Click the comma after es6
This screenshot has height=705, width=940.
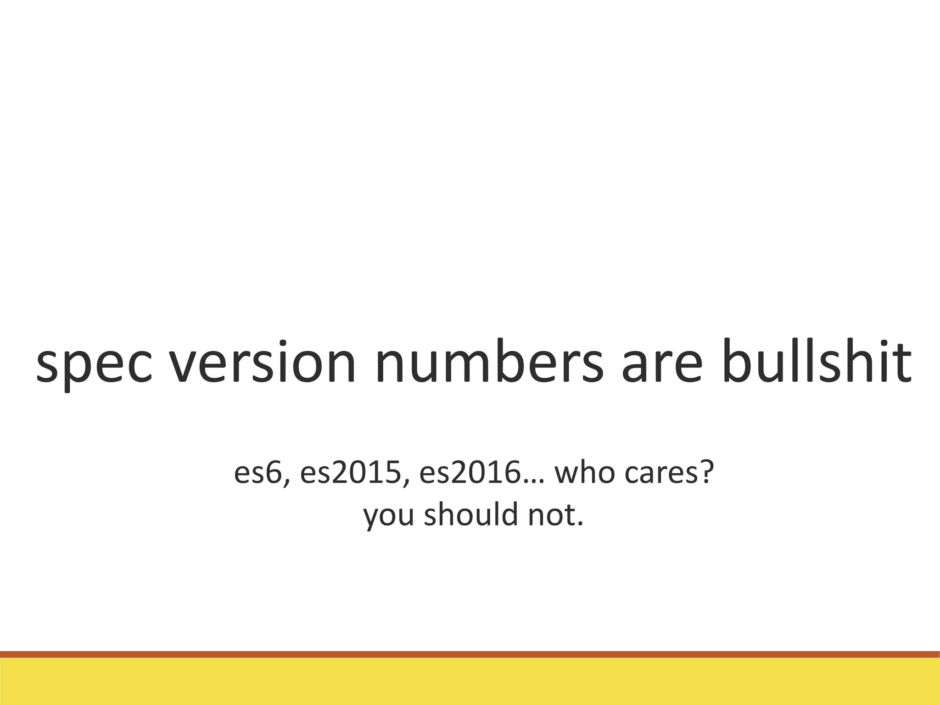pyautogui.click(x=286, y=484)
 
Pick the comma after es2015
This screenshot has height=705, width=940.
pyautogui.click(x=406, y=484)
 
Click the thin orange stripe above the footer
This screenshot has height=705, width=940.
pyautogui.click(x=470, y=655)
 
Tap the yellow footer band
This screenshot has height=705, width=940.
pyautogui.click(x=470, y=682)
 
